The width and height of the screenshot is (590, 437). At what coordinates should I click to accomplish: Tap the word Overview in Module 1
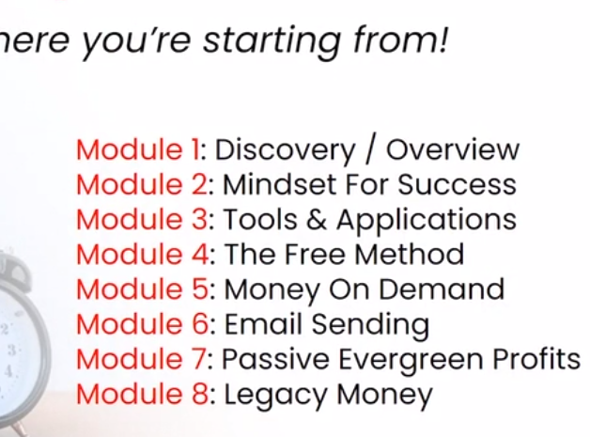(453, 149)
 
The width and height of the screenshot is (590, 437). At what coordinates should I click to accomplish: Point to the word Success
(457, 184)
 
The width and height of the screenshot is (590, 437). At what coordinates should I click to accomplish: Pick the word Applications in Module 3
(427, 221)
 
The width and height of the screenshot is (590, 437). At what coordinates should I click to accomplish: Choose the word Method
(409, 254)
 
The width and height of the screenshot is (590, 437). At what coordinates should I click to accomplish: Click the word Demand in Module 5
(441, 289)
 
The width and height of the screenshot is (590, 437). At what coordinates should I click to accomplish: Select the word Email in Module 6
(263, 323)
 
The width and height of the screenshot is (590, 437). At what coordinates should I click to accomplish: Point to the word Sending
(370, 325)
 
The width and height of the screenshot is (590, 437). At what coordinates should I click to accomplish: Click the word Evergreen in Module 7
(411, 360)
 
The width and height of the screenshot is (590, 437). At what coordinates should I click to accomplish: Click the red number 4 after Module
(200, 254)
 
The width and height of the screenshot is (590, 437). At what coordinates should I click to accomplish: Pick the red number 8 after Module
(200, 394)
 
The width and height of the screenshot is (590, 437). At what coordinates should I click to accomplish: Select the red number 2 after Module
(199, 184)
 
